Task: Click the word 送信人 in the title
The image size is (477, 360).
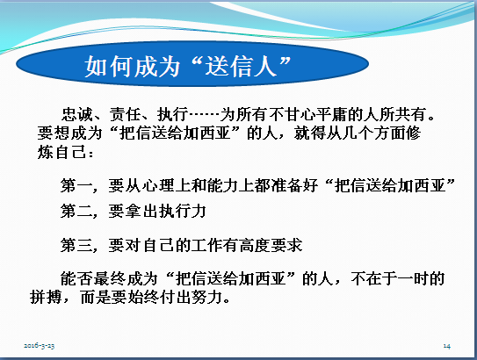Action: point(242,66)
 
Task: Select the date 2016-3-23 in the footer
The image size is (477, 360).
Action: point(40,346)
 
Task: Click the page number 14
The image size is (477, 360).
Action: point(447,346)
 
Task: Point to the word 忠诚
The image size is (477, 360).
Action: point(77,115)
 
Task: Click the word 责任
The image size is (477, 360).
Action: point(125,115)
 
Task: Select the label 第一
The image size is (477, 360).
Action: point(76,185)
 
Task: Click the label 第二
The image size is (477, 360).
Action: point(76,211)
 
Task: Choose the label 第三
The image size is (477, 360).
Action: point(76,245)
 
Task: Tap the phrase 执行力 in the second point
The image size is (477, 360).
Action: point(183,211)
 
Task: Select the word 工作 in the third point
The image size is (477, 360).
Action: point(206,245)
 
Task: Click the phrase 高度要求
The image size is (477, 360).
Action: point(271,245)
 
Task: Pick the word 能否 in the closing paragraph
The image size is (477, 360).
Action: point(76,278)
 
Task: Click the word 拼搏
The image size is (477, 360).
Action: point(46,297)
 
